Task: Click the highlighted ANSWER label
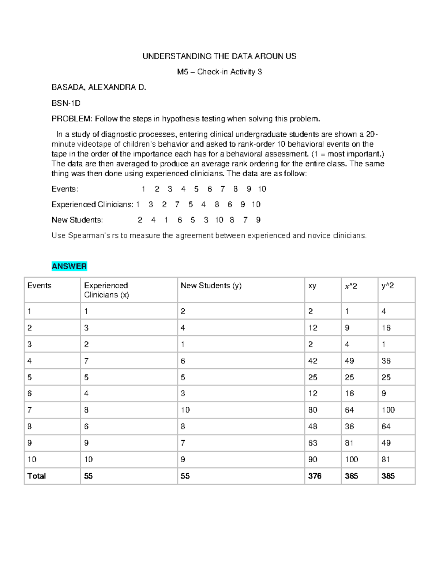[69, 266]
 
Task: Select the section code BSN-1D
[66, 103]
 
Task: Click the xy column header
[312, 286]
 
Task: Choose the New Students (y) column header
[211, 286]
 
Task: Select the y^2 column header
[387, 286]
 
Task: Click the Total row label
[37, 476]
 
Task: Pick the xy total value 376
[315, 476]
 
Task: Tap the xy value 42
[313, 361]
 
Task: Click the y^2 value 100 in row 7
[388, 410]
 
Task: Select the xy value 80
[313, 410]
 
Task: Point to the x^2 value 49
[349, 361]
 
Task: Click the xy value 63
[313, 443]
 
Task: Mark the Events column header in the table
[39, 286]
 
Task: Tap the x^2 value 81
[349, 443]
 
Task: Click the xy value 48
[313, 426]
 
